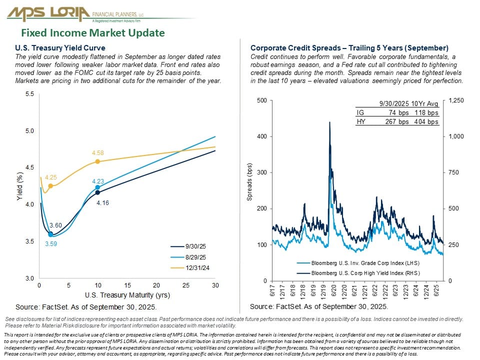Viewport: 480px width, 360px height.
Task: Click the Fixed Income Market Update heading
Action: pos(92,33)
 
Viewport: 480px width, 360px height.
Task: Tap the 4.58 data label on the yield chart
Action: pos(97,152)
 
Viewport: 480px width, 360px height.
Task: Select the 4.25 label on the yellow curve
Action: pos(50,177)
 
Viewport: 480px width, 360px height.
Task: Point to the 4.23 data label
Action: pos(98,181)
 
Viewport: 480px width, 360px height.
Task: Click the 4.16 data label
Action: pos(102,203)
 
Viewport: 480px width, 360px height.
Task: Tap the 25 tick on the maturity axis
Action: pos(186,285)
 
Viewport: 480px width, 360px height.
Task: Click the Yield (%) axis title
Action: pos(20,186)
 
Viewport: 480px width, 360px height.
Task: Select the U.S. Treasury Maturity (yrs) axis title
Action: pos(127,294)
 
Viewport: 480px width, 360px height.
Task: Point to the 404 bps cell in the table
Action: pos(426,121)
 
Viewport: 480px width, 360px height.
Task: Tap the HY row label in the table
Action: pos(359,121)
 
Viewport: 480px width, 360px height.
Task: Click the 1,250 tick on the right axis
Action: pos(457,100)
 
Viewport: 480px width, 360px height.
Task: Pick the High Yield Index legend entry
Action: pos(365,273)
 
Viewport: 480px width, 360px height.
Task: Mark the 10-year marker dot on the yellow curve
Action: pos(97,161)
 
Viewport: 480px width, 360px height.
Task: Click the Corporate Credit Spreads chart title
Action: pos(349,48)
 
